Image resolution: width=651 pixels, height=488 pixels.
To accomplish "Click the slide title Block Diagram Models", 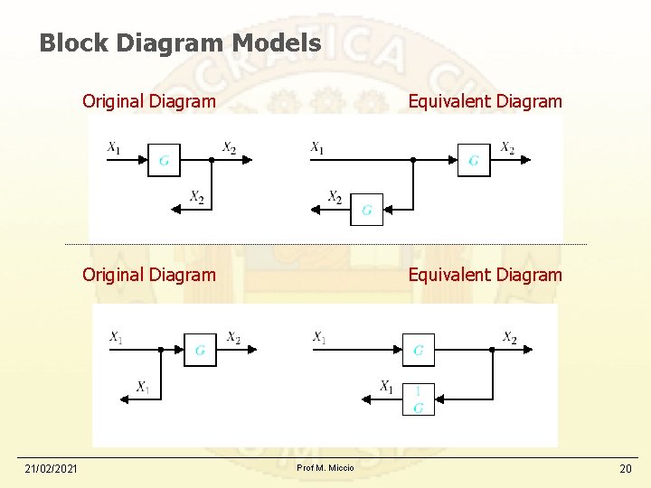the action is coord(180,42).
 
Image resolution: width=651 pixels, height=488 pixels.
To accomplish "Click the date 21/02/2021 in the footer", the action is coord(51,468).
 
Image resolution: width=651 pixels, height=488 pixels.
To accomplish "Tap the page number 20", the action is coord(625,468).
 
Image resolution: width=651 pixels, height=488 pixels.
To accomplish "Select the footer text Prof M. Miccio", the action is coord(325,467).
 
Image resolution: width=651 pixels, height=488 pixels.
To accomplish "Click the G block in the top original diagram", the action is coord(164,160).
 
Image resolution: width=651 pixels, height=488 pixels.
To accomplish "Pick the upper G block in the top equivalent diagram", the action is coord(474,160).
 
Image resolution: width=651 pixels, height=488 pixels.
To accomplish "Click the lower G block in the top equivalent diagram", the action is coord(366,210).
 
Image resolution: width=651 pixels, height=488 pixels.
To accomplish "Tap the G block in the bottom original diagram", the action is coord(200,349).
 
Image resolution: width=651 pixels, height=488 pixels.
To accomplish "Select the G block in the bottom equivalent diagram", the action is coord(418,349).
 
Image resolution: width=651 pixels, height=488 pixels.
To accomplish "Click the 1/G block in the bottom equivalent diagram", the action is coord(418,399).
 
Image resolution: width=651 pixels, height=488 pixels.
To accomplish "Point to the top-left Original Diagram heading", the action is coord(149,101).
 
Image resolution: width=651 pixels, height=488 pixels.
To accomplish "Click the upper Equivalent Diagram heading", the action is coord(485,101).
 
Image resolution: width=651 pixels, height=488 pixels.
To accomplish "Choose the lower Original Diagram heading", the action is coord(149,275).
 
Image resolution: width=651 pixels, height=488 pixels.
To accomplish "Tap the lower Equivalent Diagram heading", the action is coord(485,275).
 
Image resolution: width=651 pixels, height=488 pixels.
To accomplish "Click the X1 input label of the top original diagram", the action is coord(114,146).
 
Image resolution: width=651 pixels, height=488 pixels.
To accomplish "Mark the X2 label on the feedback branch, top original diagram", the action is coord(196,197).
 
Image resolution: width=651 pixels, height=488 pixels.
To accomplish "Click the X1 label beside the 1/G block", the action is coord(386,387).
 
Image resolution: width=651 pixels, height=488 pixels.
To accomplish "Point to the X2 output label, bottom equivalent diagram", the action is coord(510,337).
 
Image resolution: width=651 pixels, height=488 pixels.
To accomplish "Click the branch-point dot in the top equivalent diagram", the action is coord(412,160).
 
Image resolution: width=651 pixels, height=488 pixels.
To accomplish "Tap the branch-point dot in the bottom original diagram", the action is coord(160,349).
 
